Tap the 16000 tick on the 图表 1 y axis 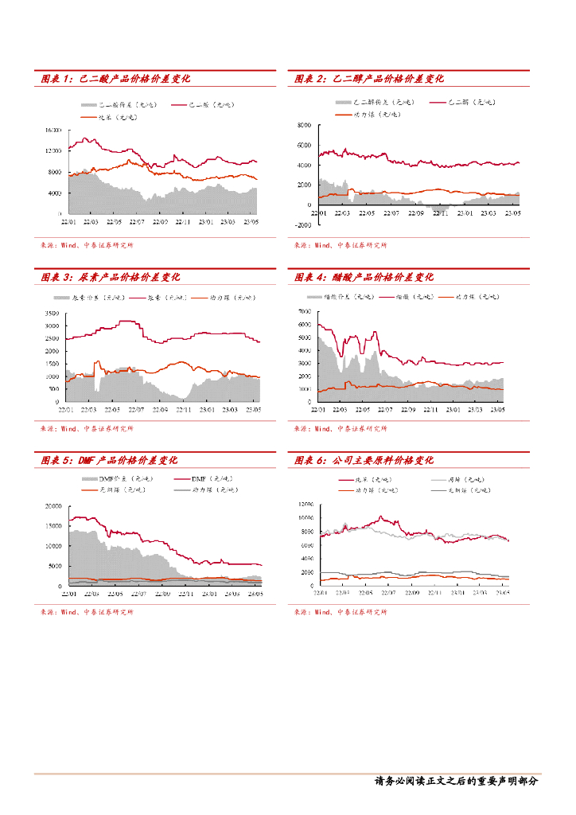[53, 129]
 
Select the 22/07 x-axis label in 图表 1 [136, 223]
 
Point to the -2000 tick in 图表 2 [305, 225]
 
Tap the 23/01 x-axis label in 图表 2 [465, 213]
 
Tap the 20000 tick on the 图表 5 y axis [53, 506]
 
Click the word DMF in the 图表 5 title [88, 461]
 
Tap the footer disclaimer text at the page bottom [457, 782]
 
